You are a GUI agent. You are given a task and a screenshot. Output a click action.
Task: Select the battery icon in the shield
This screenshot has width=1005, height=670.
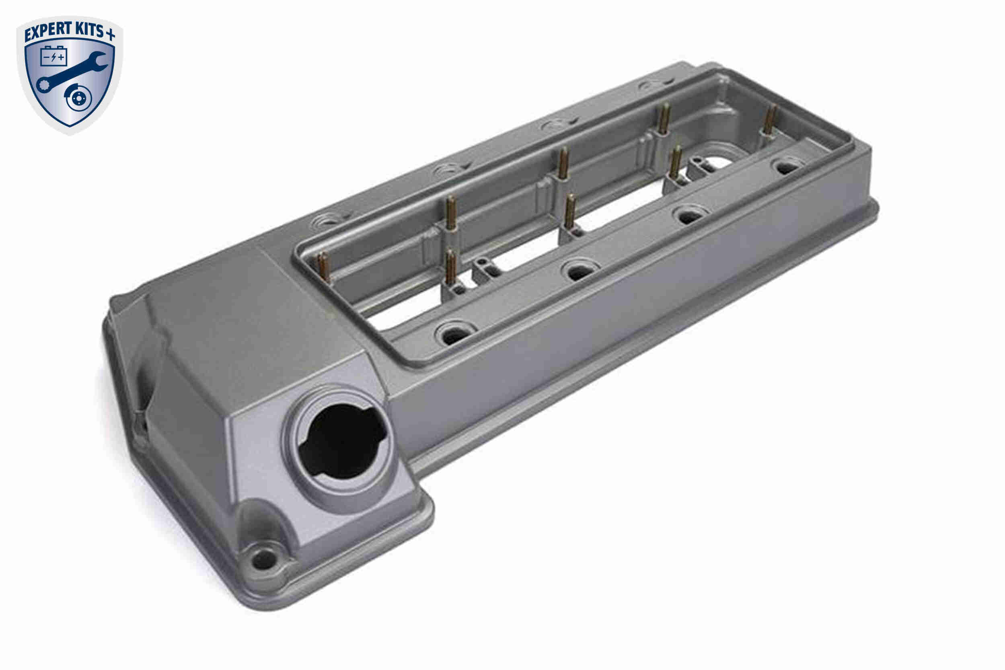(x=54, y=56)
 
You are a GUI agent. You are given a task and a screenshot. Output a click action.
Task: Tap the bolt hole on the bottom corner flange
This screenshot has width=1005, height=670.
(x=264, y=558)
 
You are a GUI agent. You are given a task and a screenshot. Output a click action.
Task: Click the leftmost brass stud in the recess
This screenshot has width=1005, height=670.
(x=323, y=267)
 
